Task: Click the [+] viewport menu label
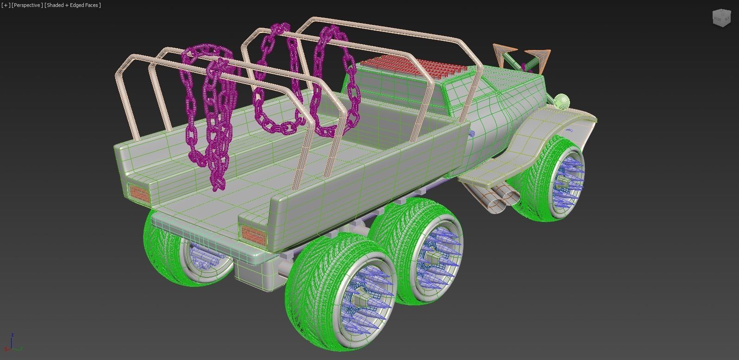6,5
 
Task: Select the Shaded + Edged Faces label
73,5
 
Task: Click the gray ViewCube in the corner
720,18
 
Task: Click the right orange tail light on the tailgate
253,235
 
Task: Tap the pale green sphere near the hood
562,101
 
